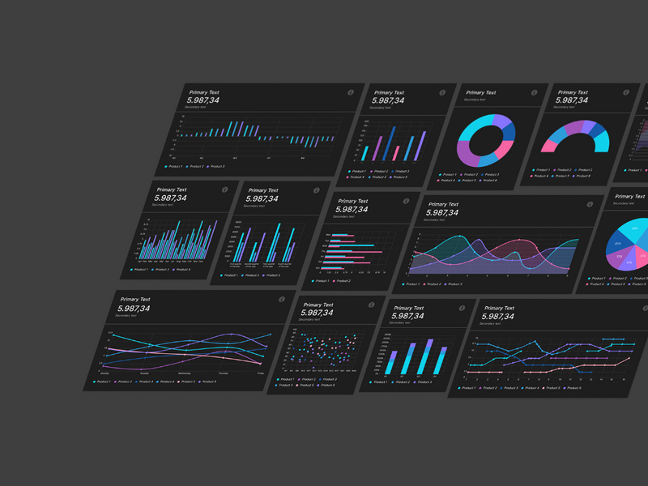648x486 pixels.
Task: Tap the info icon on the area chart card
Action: pos(589,206)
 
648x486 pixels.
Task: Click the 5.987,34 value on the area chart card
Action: pos(442,213)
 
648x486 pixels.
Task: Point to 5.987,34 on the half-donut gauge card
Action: pos(572,100)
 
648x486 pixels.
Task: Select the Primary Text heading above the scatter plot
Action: pos(318,305)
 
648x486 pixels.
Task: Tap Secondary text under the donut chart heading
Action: pos(475,100)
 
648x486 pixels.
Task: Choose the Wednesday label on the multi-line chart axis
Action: pos(185,374)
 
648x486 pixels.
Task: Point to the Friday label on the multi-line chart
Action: pos(261,373)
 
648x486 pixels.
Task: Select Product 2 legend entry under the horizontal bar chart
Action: pos(343,281)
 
